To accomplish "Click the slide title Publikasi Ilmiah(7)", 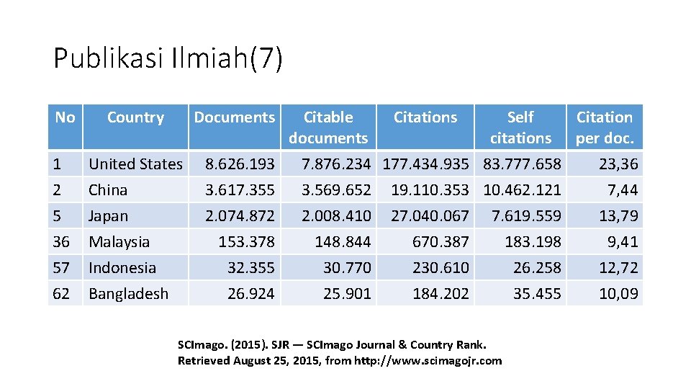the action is pos(168,58).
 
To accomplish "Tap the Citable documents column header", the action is pos(328,128).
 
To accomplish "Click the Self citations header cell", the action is pos(520,128).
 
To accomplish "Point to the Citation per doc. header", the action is pos(605,128).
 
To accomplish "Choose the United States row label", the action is pos(136,164).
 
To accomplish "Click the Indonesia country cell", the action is pos(122,268).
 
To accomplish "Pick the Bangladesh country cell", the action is pos(128,294).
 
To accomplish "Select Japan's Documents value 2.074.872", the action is pos(240,215).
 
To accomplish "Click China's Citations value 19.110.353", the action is pos(430,189).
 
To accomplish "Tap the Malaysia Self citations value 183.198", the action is pos(533,242).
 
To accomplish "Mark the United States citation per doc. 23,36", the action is pos(618,164).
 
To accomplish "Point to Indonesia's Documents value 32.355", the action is pos(250,268).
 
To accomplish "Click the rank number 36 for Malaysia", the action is pos(60,242).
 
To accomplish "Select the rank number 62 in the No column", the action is pos(60,294).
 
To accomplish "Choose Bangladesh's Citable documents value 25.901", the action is pos(347,294).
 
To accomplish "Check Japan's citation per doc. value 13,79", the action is pos(618,215).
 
